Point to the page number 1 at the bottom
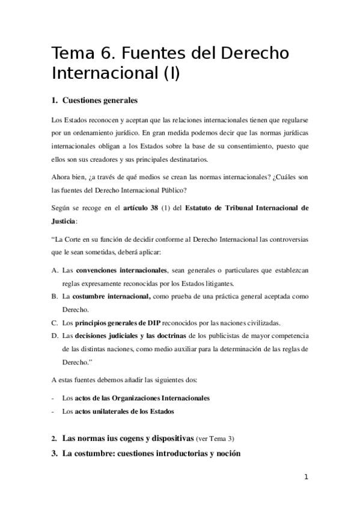click(x=306, y=477)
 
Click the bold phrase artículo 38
click(x=141, y=209)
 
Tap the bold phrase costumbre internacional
click(x=112, y=296)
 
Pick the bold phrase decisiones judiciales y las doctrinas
click(x=131, y=335)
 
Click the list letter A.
click(x=55, y=271)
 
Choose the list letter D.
click(x=55, y=335)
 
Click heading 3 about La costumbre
click(x=151, y=453)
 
